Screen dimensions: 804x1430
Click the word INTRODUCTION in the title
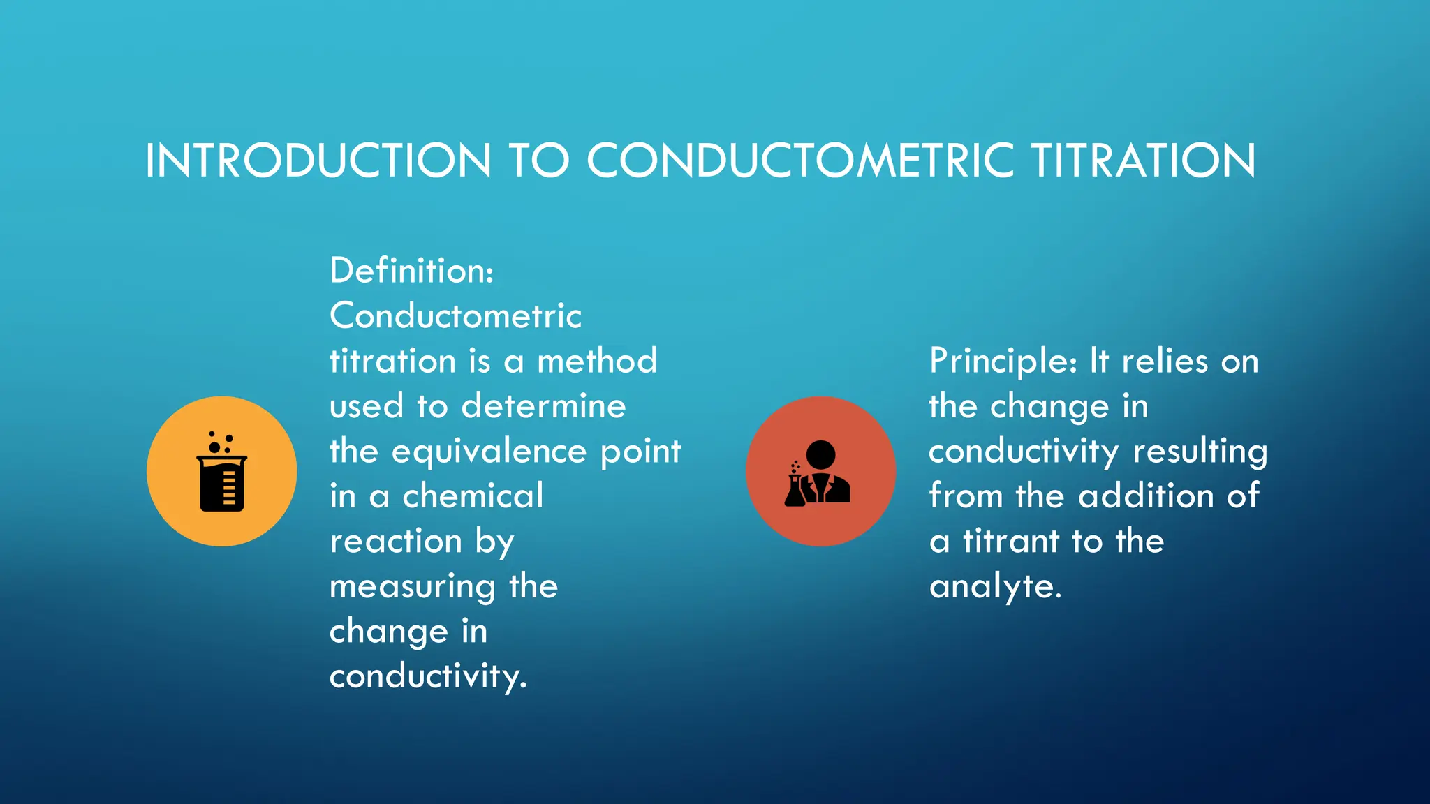(x=318, y=161)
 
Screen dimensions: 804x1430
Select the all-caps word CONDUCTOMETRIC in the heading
(x=800, y=161)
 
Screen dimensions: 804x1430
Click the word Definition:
(x=411, y=271)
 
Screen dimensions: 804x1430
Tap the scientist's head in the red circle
(x=820, y=454)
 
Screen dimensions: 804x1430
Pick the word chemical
(x=473, y=496)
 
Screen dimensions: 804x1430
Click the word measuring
(x=413, y=587)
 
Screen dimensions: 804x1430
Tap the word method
(x=597, y=362)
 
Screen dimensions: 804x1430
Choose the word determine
(x=543, y=406)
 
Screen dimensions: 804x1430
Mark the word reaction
(x=396, y=542)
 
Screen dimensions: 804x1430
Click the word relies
(x=1165, y=362)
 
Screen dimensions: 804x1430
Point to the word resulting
(x=1200, y=452)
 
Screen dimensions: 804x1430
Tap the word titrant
(x=1011, y=542)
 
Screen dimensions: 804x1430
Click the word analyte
(x=994, y=587)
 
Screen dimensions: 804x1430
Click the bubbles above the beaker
(x=220, y=442)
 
